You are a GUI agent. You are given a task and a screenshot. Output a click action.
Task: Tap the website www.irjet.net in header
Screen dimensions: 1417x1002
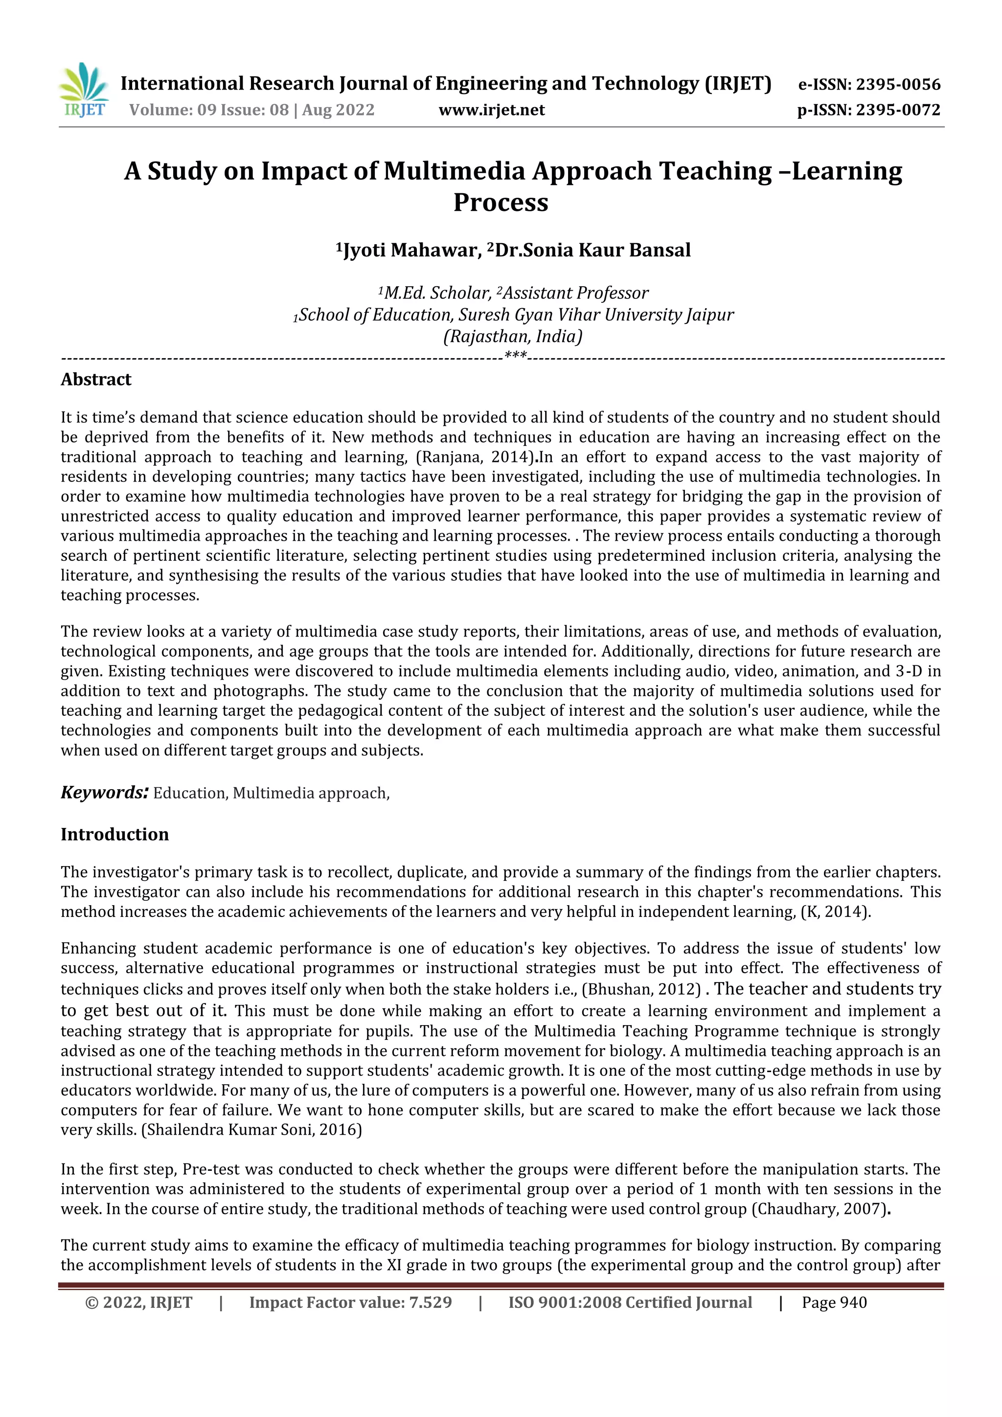click(x=492, y=111)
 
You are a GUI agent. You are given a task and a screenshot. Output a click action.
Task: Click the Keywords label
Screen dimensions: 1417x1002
click(x=104, y=793)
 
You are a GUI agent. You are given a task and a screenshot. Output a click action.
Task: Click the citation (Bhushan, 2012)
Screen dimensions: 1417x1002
click(x=642, y=989)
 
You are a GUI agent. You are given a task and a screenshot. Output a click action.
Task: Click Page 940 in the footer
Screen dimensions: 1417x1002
click(x=834, y=1303)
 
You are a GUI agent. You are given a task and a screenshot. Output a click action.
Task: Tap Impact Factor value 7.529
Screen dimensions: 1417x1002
click(x=350, y=1303)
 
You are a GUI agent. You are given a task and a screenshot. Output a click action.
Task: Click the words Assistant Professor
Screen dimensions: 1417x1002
click(x=576, y=293)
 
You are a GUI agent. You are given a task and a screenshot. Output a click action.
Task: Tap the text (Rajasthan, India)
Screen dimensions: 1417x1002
click(x=513, y=337)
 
